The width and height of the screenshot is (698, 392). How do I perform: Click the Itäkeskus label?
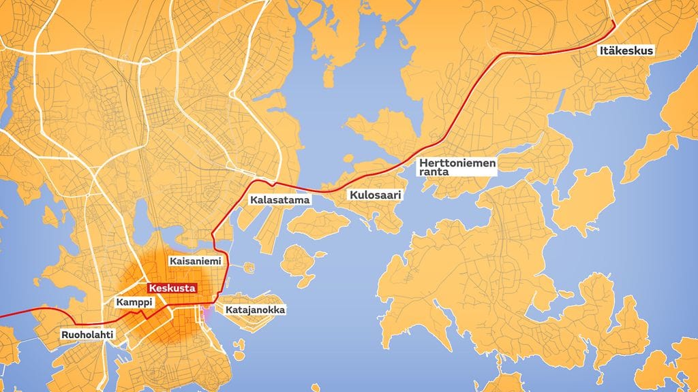(x=626, y=51)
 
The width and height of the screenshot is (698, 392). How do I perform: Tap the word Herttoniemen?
(x=458, y=163)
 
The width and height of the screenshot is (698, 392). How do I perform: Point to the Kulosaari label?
(x=374, y=195)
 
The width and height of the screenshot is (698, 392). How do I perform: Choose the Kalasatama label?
(x=279, y=201)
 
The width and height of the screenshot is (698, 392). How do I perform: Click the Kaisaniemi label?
(x=193, y=261)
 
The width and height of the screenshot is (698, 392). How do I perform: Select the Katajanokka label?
(x=254, y=310)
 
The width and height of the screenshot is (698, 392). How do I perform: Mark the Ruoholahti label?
(x=87, y=334)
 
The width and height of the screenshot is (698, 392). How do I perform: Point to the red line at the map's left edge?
(x=2, y=316)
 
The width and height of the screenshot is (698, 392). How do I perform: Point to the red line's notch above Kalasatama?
(x=271, y=182)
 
